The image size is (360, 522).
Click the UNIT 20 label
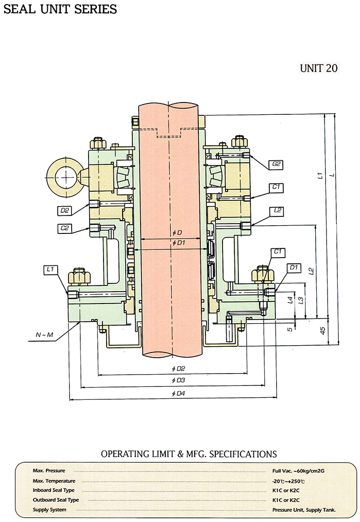[x=319, y=68]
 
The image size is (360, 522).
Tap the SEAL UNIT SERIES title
[x=60, y=9]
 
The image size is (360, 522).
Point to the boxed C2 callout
[x=65, y=227]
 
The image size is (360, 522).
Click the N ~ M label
[x=44, y=335]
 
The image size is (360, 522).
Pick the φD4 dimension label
[x=178, y=394]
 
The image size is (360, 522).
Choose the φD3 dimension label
[x=178, y=380]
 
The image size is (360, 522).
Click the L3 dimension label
[x=301, y=299]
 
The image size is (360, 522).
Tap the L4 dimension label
[x=290, y=299]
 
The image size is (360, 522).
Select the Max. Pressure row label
[x=49, y=470]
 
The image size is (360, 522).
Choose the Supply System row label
[x=49, y=510]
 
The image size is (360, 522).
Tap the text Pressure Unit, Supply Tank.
[x=304, y=510]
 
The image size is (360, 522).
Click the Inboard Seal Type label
[x=54, y=490]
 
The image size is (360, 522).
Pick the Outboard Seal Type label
[x=56, y=500]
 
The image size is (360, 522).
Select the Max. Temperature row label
[x=54, y=480]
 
